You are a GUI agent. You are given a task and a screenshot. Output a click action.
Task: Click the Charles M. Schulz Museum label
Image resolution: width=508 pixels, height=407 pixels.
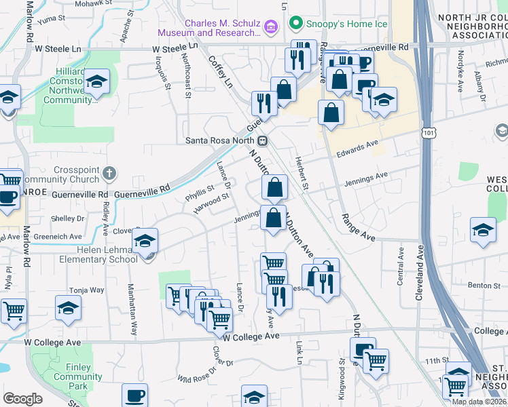210,27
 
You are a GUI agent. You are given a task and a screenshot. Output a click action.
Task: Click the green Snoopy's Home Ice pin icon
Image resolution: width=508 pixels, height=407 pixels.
295,24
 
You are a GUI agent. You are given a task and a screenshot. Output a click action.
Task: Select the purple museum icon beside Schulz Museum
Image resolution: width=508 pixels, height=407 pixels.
271,27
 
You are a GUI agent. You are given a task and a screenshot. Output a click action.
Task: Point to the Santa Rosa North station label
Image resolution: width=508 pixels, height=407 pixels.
221,141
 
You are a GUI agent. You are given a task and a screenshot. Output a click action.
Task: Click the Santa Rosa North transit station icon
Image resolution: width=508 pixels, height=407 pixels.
262,141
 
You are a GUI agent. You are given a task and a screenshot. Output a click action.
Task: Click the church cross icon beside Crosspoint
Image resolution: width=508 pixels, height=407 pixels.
109,173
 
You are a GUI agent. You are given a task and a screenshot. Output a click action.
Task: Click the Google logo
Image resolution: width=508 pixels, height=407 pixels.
22,399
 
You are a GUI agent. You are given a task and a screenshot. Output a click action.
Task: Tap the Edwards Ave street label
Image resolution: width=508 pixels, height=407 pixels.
357,150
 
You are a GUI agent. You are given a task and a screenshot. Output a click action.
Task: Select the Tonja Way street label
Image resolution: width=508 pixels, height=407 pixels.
86,290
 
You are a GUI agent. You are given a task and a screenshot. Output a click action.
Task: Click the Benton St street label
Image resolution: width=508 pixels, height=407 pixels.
483,286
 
